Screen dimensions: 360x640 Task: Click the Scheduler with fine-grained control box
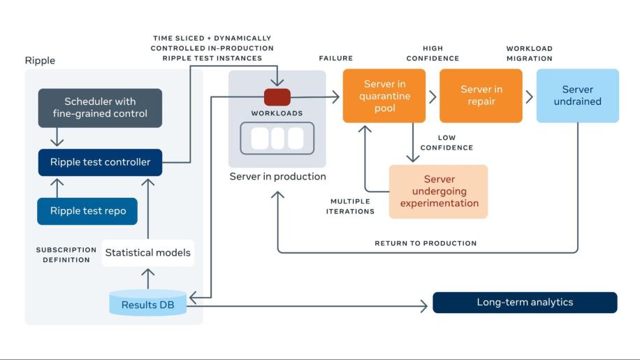coord(101,108)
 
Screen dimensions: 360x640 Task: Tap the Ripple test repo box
coord(87,211)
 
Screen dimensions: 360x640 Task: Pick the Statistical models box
coord(147,252)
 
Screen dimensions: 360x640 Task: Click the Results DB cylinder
coord(148,303)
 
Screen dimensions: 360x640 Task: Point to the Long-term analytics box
coord(525,303)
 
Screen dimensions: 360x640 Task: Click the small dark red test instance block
coord(277,96)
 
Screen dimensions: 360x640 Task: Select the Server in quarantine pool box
coord(384,96)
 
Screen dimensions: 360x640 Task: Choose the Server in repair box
coord(481,96)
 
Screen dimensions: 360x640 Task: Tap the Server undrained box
coord(577,96)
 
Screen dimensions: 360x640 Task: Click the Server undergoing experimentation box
coord(438,192)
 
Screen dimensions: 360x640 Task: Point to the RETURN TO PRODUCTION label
coord(426,243)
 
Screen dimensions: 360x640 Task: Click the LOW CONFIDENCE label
coord(446,143)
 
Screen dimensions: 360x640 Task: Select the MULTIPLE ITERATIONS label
coord(350,206)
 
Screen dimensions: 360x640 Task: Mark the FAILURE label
coord(335,59)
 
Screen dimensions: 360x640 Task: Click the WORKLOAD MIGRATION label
coord(529,54)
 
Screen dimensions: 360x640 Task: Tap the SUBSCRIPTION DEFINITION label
coord(66,254)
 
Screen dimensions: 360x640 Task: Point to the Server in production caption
coord(277,177)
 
